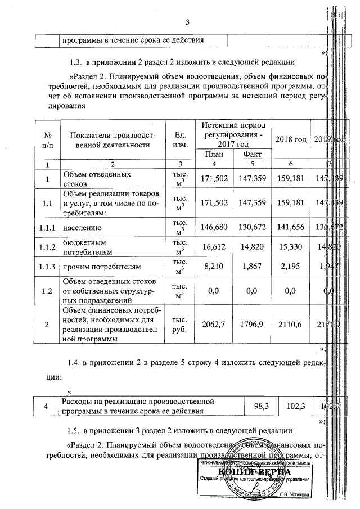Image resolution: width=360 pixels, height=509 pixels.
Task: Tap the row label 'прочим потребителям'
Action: [100, 266]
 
